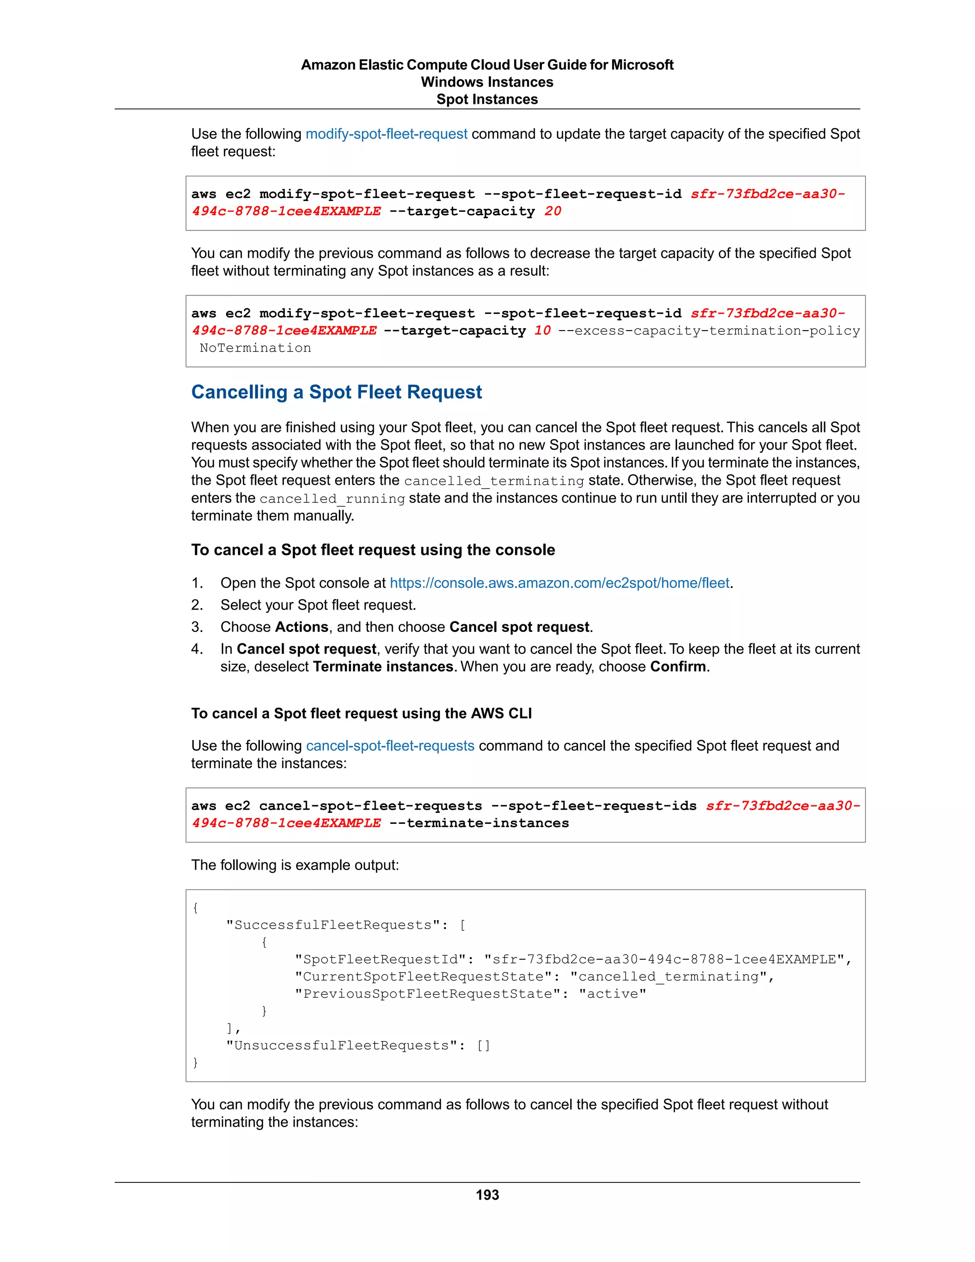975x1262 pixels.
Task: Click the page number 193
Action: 487,1194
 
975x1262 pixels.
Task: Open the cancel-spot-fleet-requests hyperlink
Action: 390,745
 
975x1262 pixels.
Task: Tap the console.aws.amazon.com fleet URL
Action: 559,583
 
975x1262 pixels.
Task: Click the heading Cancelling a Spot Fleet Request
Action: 336,392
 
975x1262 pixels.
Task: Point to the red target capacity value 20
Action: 553,211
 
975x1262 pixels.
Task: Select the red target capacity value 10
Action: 542,331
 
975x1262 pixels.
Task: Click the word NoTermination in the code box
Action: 255,348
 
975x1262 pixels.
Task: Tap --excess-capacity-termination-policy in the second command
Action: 709,331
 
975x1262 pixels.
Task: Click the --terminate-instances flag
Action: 479,823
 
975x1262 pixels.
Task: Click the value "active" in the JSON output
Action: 612,994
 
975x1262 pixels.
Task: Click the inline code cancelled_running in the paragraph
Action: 332,499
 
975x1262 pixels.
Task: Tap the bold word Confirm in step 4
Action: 678,667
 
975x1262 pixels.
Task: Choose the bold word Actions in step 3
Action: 301,627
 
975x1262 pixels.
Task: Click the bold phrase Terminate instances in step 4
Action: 383,667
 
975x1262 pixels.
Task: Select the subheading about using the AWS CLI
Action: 362,714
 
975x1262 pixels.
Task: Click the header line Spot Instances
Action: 487,100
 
